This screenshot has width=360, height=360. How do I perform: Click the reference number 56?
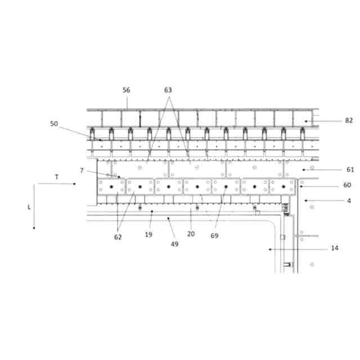126,90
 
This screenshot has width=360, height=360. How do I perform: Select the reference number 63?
168,90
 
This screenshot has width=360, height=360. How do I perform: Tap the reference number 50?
54,123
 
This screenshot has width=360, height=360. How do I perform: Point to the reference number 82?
349,120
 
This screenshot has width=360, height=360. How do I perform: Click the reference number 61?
350,169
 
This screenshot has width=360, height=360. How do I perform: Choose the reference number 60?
347,185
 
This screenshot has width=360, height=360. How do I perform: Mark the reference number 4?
349,200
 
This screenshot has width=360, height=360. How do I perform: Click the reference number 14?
335,248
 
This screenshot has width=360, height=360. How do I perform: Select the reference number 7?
82,170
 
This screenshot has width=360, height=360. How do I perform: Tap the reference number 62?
117,237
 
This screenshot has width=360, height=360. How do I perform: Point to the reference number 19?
148,234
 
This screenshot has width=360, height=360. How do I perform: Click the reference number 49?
174,244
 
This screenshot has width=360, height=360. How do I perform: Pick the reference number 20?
191,234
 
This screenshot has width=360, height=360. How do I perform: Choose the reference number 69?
215,236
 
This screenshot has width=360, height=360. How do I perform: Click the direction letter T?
56,177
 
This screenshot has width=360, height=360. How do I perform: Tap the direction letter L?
29,207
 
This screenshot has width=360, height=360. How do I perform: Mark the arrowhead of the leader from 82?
305,120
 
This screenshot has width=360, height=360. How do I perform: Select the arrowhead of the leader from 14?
270,248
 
